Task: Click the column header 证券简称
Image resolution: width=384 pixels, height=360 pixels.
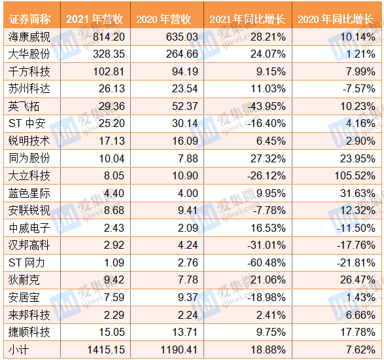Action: click(x=29, y=19)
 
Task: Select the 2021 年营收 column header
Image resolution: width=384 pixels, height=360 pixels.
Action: click(x=95, y=19)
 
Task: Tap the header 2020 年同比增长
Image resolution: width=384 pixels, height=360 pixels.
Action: click(x=336, y=19)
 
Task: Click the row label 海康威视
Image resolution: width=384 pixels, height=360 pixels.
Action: click(x=29, y=37)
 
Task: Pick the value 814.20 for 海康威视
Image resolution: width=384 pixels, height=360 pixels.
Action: click(x=109, y=37)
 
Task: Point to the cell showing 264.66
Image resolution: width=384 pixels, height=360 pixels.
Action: click(x=182, y=54)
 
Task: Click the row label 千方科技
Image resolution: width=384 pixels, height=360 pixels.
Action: click(x=29, y=71)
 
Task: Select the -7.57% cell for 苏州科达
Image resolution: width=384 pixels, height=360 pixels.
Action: click(x=358, y=88)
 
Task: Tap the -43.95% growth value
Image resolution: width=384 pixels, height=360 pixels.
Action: click(x=266, y=106)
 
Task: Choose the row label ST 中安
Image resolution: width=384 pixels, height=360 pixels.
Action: click(x=27, y=123)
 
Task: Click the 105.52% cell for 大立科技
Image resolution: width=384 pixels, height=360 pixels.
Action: click(x=355, y=175)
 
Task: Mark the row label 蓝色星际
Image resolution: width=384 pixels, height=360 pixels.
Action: click(x=29, y=193)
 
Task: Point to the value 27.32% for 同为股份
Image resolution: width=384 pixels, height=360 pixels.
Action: click(x=268, y=158)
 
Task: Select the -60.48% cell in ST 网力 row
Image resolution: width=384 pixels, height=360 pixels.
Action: click(x=266, y=262)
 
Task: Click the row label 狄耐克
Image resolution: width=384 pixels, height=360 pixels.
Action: click(x=24, y=280)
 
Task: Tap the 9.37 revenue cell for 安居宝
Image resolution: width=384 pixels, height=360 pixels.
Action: click(x=188, y=298)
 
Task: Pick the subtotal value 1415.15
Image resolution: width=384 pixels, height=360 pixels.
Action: click(x=106, y=350)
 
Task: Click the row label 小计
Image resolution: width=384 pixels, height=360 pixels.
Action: click(x=18, y=350)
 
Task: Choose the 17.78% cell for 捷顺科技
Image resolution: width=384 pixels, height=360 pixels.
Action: click(x=358, y=333)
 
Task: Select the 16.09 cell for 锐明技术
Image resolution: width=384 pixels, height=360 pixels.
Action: click(x=185, y=141)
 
